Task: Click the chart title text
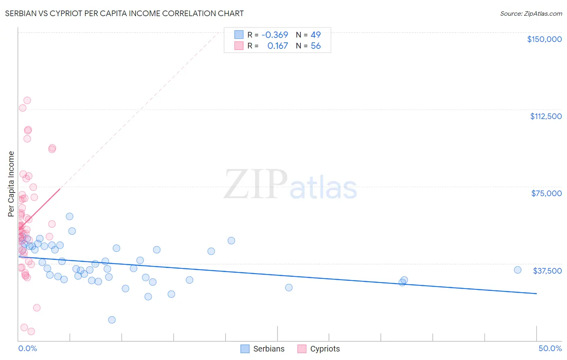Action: (124, 13)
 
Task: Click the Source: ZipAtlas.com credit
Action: (531, 13)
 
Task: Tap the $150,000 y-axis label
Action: (544, 39)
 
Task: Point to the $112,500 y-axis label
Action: (546, 116)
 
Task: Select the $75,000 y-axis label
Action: (546, 193)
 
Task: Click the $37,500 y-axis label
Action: (547, 271)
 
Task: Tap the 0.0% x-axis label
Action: (27, 348)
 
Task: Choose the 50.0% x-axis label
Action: (550, 348)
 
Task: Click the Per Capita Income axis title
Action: (11, 184)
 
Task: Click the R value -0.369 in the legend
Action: (275, 35)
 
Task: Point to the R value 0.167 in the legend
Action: (277, 46)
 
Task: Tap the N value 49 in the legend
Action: (316, 35)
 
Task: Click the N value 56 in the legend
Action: (316, 46)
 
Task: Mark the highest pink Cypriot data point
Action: (27, 100)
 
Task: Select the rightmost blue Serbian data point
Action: (518, 270)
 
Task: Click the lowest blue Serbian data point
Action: (112, 320)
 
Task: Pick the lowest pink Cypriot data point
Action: (31, 331)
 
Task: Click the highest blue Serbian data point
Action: (69, 216)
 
